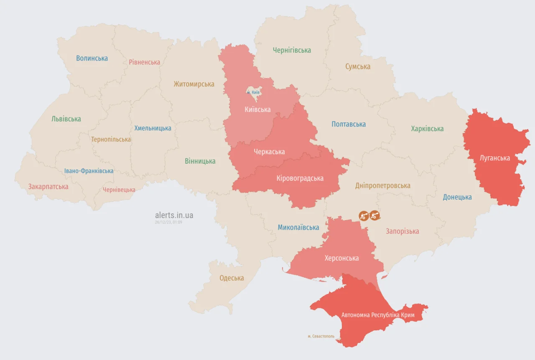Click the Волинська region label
(x=92, y=58)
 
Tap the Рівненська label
(x=144, y=62)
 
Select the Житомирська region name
(x=194, y=84)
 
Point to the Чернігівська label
(x=292, y=50)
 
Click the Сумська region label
(x=358, y=66)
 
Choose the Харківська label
(x=427, y=129)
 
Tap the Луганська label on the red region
(x=495, y=158)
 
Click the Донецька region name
(x=457, y=197)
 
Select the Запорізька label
(x=403, y=231)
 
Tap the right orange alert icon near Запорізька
(x=375, y=215)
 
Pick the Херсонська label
(x=341, y=258)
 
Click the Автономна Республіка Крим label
(x=378, y=315)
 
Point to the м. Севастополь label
(x=321, y=336)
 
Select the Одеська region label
(x=232, y=278)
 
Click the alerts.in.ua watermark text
(x=174, y=215)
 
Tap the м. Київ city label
(x=253, y=92)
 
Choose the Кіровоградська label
(x=300, y=178)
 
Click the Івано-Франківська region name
(x=89, y=171)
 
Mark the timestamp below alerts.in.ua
(x=168, y=222)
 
